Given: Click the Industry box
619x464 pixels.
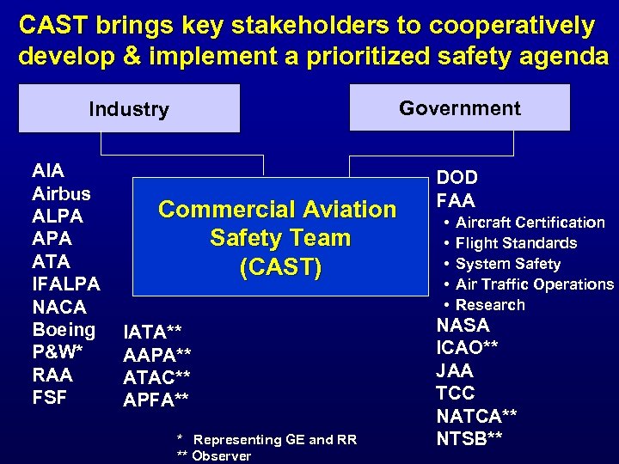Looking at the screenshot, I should point(129,109).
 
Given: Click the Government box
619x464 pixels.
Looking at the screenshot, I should point(459,107).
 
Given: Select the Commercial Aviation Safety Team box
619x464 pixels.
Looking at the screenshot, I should point(278,238).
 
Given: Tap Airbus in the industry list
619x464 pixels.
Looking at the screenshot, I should point(60,192).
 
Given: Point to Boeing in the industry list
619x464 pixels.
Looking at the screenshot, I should point(64,330).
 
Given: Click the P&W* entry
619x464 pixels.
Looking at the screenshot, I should point(58,352).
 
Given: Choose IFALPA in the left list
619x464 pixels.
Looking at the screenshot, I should point(66,284).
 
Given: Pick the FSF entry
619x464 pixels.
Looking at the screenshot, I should point(49,398).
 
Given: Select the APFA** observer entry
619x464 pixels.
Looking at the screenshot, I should point(156,400).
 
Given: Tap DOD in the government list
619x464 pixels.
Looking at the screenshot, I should point(457,178).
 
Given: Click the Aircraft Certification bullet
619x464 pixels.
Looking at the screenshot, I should point(530,223).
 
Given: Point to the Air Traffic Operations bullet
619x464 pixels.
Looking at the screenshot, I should point(534,284).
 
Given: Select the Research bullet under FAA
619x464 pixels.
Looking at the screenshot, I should point(490,305).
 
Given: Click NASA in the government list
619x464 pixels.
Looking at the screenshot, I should point(463,326).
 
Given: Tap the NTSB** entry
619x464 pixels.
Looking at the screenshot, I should point(469,438).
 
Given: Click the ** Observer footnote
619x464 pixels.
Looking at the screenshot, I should point(214,456).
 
